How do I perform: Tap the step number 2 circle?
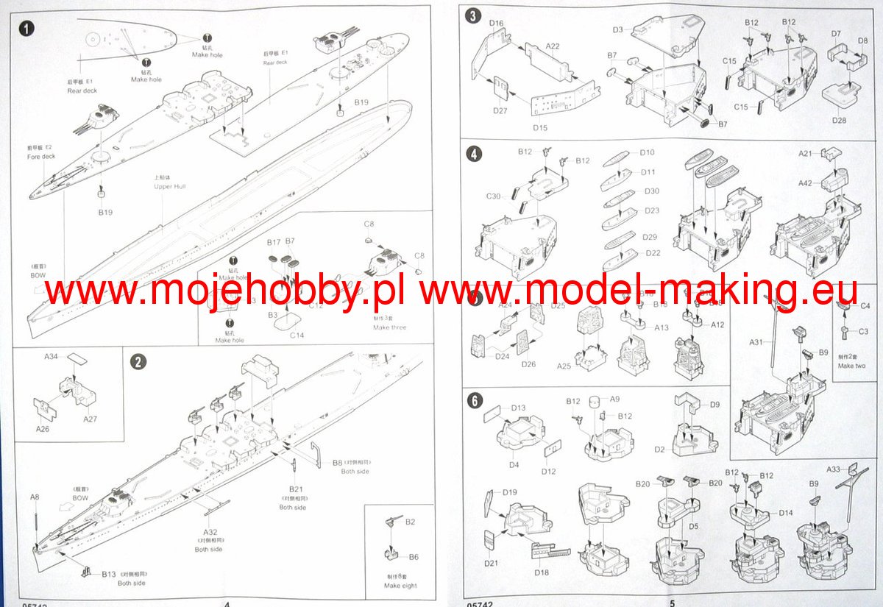[138, 362]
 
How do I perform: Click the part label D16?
[496, 24]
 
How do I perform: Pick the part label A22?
[553, 46]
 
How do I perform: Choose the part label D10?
[648, 152]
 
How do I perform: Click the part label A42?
[806, 184]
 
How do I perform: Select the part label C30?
[493, 196]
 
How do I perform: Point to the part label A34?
[51, 356]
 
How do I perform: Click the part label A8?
[35, 497]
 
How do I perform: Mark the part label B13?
[109, 573]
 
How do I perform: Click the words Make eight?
[400, 586]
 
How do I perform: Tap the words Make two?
[851, 366]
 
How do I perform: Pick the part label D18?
[541, 572]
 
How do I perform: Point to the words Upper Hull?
[169, 187]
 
